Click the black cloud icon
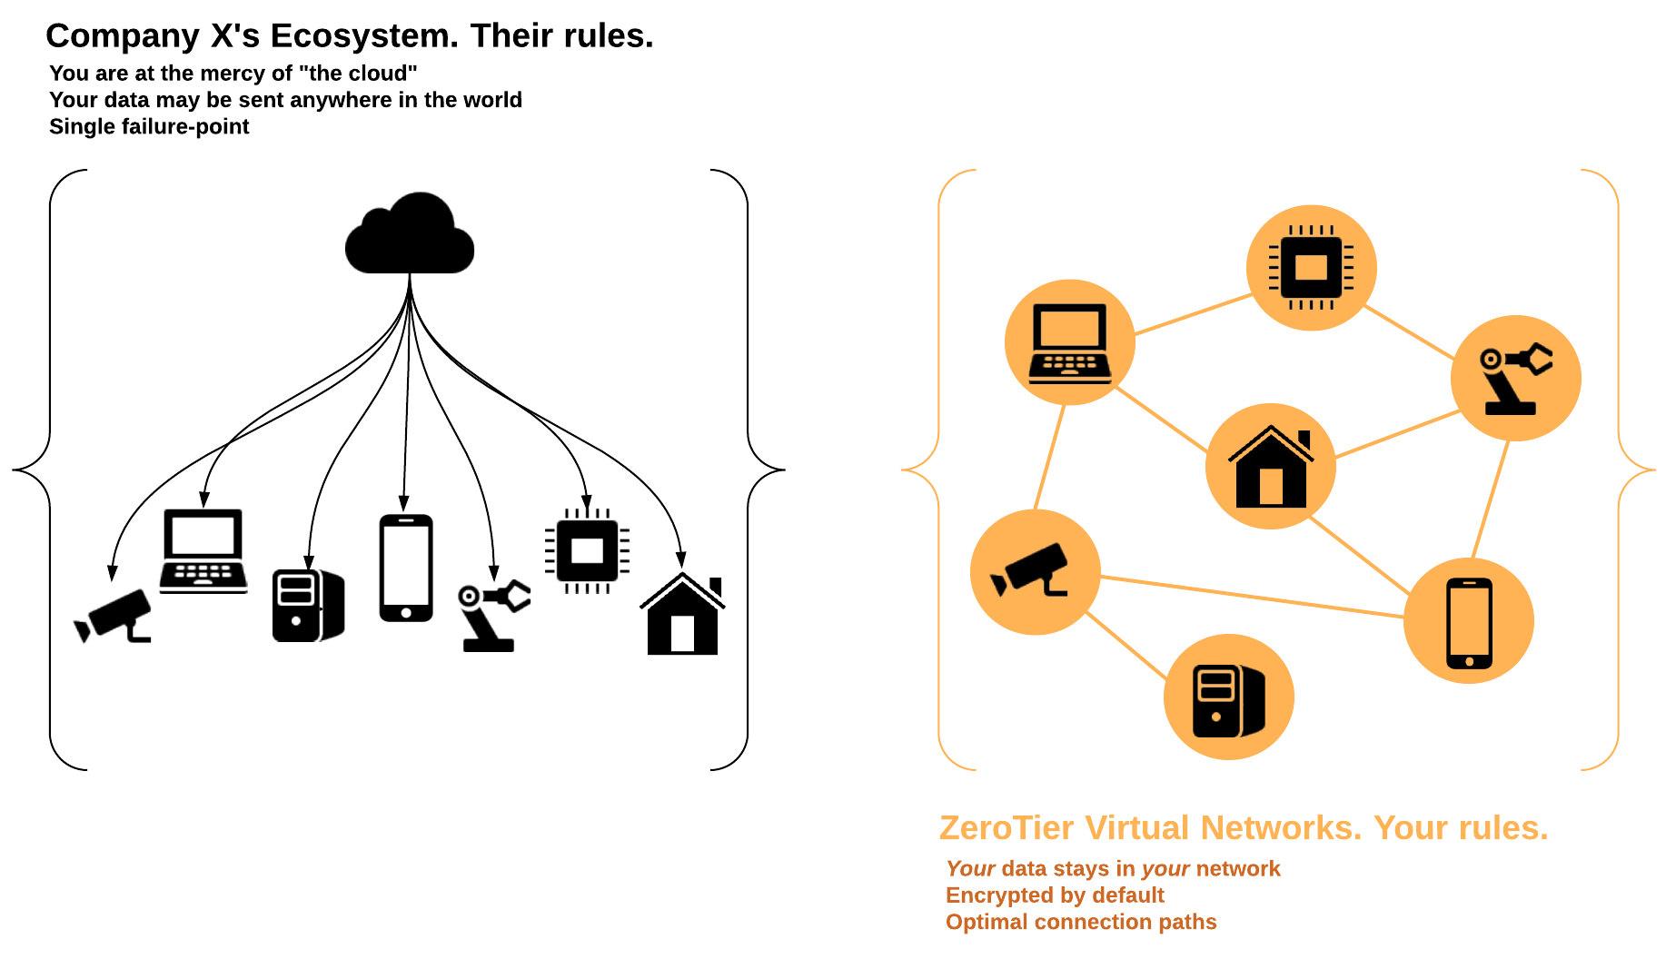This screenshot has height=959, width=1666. coord(410,236)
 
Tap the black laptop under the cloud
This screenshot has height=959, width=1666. coord(203,550)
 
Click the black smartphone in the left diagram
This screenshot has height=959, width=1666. coord(405,568)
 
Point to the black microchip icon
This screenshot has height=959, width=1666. coord(587,550)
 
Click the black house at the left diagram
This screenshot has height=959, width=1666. coord(682,615)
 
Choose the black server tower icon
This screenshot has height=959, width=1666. coord(308,605)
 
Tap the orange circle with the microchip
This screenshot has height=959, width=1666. coord(1311,268)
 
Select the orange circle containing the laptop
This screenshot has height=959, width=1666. coord(1070,342)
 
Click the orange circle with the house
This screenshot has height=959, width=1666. coord(1271,466)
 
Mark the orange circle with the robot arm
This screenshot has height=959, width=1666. coord(1515,378)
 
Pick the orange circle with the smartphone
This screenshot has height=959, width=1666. coord(1469,621)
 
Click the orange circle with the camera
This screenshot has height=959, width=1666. coord(1036,572)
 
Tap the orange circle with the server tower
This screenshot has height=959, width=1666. coord(1228,697)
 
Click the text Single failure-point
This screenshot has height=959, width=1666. coord(149,126)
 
